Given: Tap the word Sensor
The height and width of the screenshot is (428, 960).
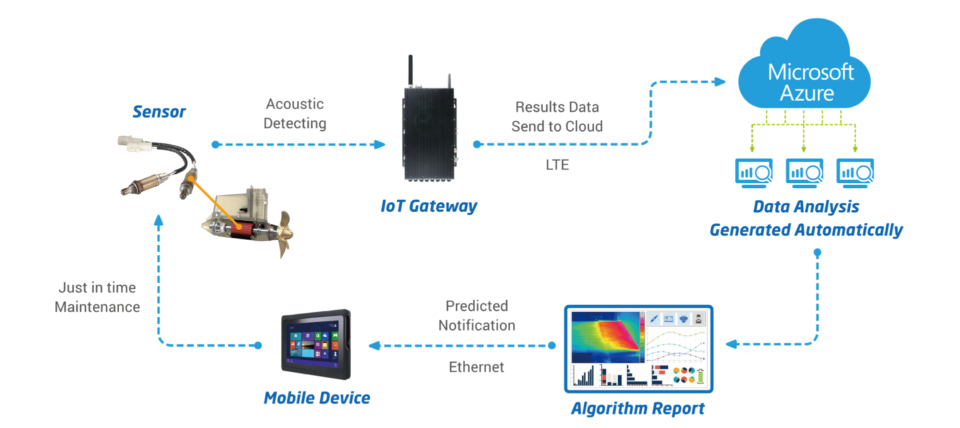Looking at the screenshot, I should (x=159, y=112).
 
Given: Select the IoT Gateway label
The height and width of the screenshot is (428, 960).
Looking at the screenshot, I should (x=428, y=206).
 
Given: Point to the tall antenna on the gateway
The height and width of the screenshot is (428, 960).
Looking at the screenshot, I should (x=410, y=70).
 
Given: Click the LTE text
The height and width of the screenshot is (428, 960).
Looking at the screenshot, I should (x=557, y=165).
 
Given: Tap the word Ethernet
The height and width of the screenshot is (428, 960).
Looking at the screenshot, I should (x=476, y=367).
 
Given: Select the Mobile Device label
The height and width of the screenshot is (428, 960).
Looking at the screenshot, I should (x=316, y=398).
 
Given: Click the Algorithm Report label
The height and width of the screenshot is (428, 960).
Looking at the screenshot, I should (x=637, y=408).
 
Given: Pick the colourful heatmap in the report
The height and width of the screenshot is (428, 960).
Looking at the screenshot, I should (x=605, y=337).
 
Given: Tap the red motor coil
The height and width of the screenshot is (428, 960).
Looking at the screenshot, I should (x=241, y=231).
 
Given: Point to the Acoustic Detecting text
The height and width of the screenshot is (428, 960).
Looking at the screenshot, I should (x=295, y=114).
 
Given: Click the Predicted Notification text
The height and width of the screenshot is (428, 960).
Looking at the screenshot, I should (x=476, y=315).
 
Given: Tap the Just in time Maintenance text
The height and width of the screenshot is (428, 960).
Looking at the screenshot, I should (x=97, y=297).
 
